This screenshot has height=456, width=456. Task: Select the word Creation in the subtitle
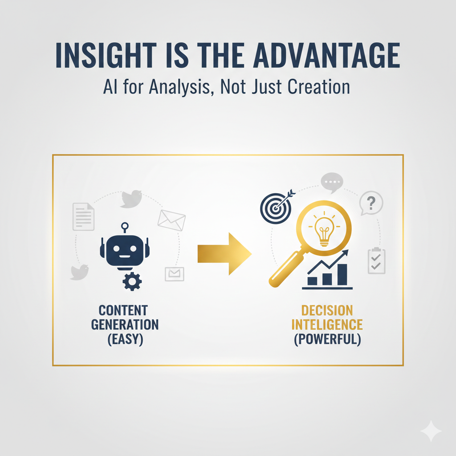[x=312, y=87]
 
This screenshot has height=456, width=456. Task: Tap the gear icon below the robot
[x=132, y=281]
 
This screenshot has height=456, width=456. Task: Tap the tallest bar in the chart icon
[x=342, y=273]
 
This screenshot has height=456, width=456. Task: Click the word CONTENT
[x=123, y=310]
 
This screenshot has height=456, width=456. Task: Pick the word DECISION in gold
[x=327, y=310]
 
